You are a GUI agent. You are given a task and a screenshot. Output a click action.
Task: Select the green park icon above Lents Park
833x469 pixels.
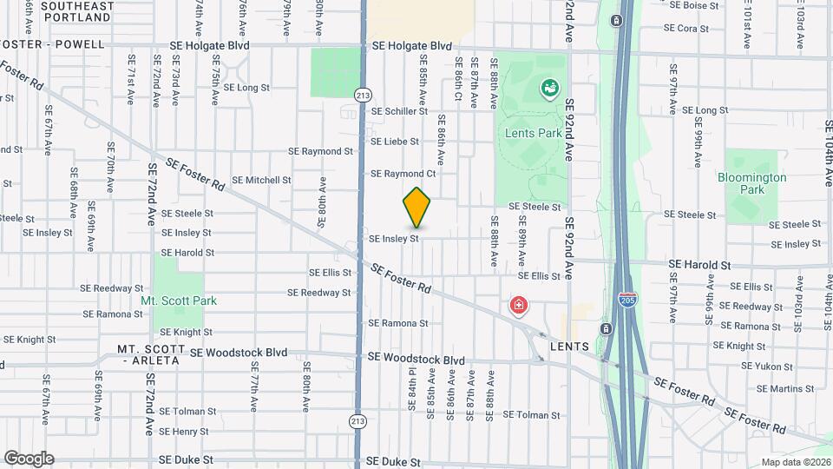tap(549, 88)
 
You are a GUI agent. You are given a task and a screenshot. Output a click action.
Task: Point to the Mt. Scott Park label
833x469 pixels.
tap(179, 301)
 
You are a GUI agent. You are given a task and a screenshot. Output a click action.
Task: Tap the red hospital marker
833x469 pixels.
tap(519, 306)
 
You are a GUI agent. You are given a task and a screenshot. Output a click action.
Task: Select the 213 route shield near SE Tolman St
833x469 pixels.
tap(357, 421)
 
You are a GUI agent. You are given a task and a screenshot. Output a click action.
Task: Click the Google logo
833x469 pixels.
tap(29, 458)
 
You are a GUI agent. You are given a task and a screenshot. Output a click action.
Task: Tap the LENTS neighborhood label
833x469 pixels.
tap(570, 347)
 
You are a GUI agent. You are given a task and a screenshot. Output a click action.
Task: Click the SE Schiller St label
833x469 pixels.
tap(399, 111)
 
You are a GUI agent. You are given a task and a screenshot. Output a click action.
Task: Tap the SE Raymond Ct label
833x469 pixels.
tap(403, 174)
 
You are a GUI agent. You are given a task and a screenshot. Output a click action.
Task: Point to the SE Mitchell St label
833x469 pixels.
tap(261, 181)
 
